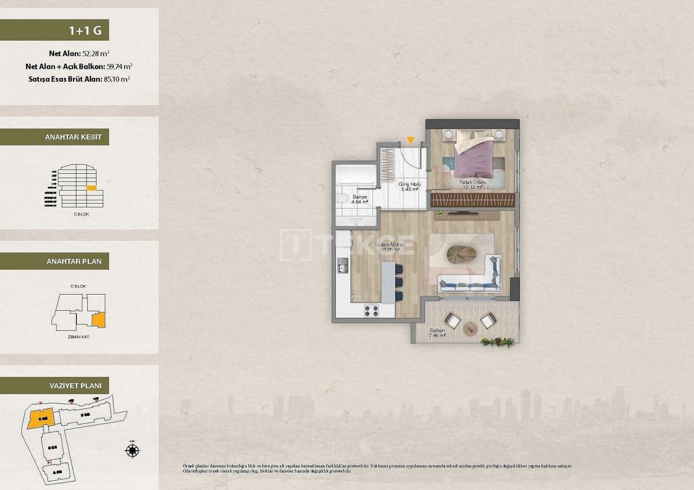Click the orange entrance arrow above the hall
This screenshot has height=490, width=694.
(x=410, y=141)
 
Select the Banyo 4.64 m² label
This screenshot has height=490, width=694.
(x=360, y=199)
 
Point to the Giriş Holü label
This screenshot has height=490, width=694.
(x=410, y=187)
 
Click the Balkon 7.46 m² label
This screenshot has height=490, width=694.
(x=437, y=332)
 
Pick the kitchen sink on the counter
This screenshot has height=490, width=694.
(x=343, y=265)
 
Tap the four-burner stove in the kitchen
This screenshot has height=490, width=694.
(x=371, y=310)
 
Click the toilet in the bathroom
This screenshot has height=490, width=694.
(x=342, y=199)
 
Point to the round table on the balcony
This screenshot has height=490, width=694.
(x=470, y=326)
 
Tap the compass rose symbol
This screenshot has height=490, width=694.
(x=132, y=450)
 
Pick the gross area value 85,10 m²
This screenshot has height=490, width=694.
(x=117, y=79)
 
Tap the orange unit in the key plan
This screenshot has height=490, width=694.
(x=98, y=320)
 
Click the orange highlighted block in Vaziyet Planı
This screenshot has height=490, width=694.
(x=39, y=419)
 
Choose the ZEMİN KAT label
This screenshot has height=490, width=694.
(x=78, y=337)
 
